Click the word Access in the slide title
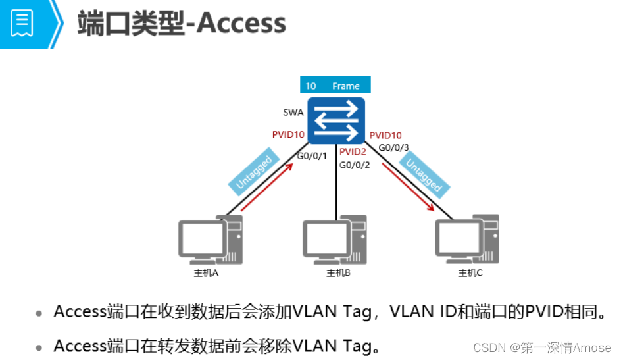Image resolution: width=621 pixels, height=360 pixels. tap(241, 24)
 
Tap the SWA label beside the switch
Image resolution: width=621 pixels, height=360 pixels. tap(293, 113)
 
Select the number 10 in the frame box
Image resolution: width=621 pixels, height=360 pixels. tap(310, 86)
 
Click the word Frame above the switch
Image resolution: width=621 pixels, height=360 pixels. tap(346, 86)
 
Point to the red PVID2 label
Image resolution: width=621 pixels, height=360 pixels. tap(353, 152)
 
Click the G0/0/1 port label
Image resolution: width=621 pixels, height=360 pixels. tap(312, 156)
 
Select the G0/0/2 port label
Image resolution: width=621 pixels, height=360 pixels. tap(355, 165)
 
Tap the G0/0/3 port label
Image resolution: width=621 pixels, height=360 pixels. tap(393, 148)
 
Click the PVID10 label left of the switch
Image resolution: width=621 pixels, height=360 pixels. tap(288, 134)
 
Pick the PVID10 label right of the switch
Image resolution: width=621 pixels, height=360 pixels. tap(385, 135)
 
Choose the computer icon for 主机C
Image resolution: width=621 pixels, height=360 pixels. tap(467, 240)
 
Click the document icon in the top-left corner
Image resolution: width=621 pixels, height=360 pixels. tap(22, 23)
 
